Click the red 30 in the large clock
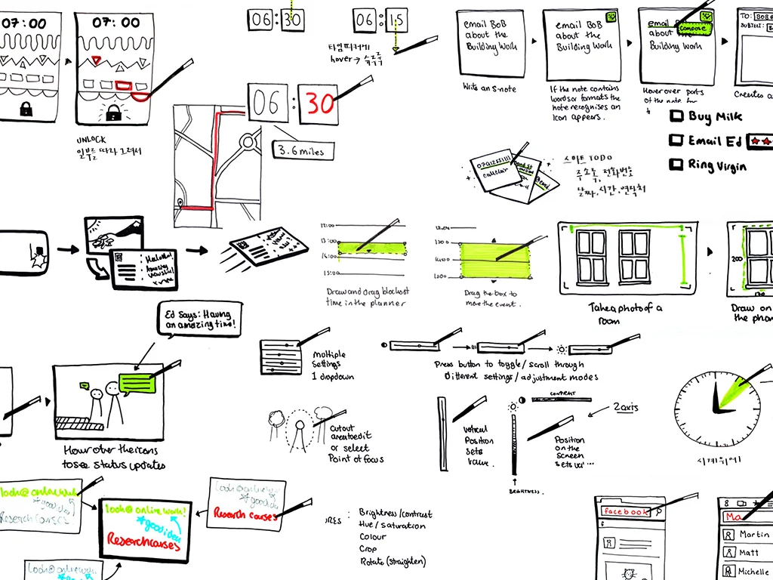[x=320, y=104]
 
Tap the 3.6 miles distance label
[x=300, y=151]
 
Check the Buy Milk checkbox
[x=677, y=116]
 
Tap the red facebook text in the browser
[x=626, y=512]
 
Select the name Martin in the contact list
[x=753, y=535]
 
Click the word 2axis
[x=625, y=408]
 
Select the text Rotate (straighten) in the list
[x=393, y=561]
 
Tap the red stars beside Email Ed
[x=761, y=141]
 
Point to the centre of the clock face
[x=713, y=410]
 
